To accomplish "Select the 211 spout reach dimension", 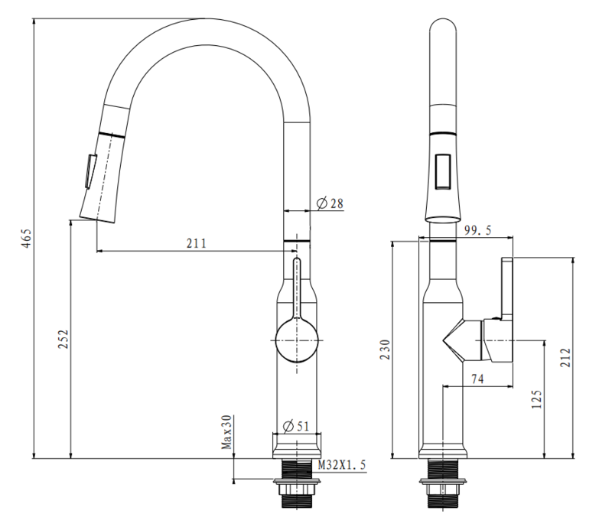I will point(196,244).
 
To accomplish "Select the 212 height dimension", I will point(567,357).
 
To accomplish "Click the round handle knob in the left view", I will point(297,340).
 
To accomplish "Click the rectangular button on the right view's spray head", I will point(443,171).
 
